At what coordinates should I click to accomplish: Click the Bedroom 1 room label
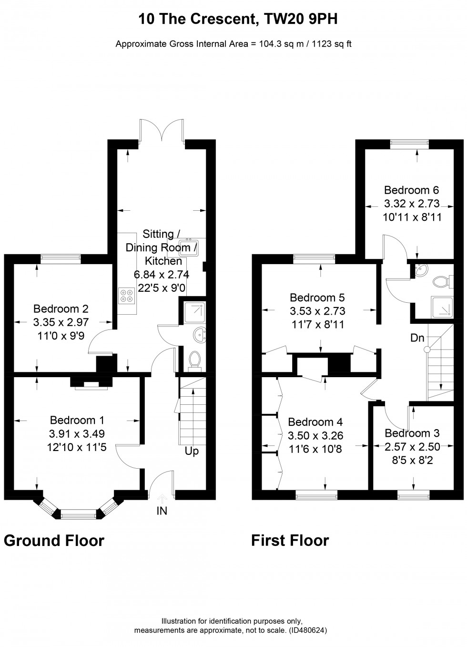(77, 420)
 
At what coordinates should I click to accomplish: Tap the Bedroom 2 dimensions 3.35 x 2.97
(61, 322)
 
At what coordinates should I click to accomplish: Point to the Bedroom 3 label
(412, 433)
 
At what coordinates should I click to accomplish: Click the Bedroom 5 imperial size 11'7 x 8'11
(317, 324)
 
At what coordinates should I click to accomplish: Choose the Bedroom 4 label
(315, 422)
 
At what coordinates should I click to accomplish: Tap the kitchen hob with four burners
(126, 296)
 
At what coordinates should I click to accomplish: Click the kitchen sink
(189, 247)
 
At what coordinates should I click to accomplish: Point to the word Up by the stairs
(192, 451)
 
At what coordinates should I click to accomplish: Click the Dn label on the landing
(417, 338)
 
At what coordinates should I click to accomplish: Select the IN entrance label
(162, 511)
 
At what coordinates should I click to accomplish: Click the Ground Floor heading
(54, 541)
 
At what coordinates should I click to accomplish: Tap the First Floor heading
(290, 541)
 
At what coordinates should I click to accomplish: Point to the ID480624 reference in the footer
(308, 630)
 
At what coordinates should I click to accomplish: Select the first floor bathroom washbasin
(421, 270)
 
